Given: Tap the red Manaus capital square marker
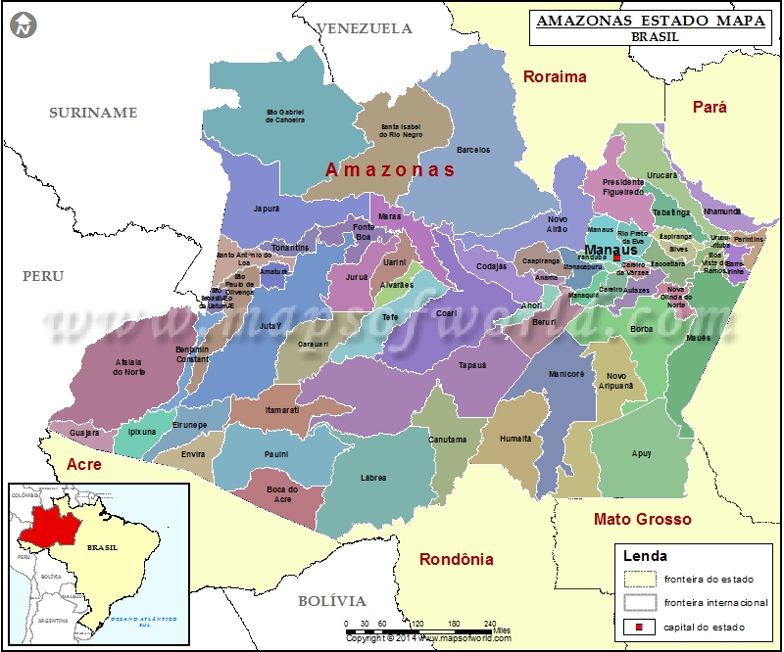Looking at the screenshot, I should coord(617,258).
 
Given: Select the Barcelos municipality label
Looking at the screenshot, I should coord(473,150).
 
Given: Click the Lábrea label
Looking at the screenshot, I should coord(372,478).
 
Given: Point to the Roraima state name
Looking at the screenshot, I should coord(554,76).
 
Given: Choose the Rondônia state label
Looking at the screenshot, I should coord(456,560).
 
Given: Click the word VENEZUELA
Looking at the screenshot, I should coord(366,28).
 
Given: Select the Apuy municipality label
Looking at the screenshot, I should coord(642,453).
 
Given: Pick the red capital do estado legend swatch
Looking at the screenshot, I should coord(639,627).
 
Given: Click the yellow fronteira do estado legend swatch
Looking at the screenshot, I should coord(639,580).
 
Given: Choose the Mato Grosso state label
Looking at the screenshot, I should coord(642,519).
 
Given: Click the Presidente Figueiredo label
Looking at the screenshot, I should coord(622,187).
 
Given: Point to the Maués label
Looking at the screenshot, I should coord(699,338).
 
